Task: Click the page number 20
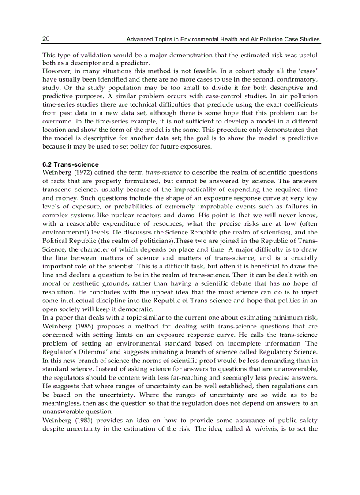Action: click(46, 39)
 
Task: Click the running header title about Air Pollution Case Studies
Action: click(223, 40)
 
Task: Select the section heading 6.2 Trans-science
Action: click(71, 164)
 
